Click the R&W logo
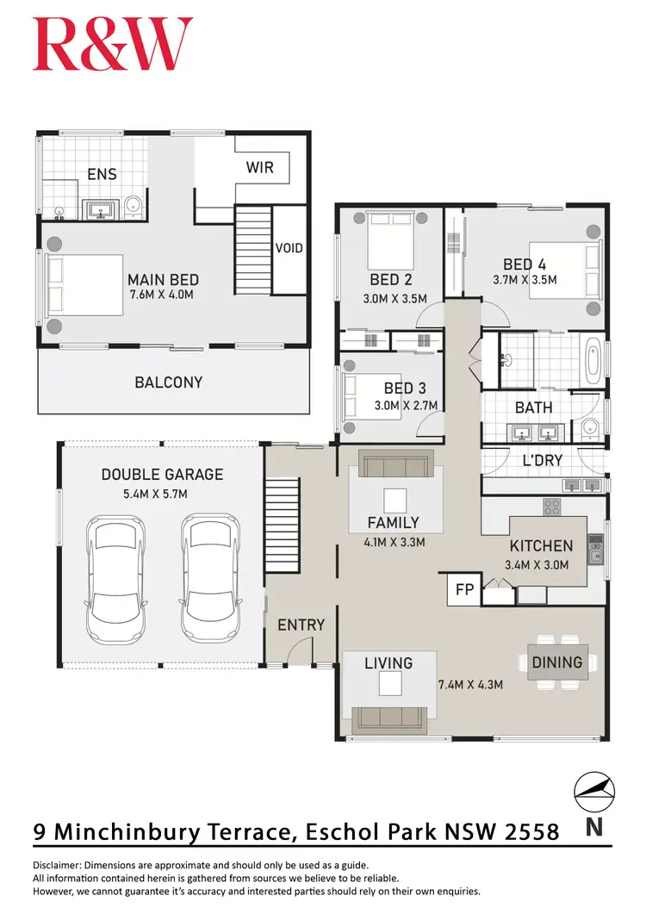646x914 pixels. click(113, 45)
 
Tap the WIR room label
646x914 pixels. click(260, 166)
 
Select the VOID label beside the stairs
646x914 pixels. click(289, 248)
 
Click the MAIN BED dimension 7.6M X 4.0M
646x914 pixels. click(164, 295)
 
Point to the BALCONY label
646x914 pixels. click(169, 382)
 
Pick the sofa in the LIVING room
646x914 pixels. click(390, 715)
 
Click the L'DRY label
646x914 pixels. click(543, 461)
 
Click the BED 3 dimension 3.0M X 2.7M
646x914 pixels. click(406, 406)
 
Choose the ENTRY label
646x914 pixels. click(301, 625)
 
